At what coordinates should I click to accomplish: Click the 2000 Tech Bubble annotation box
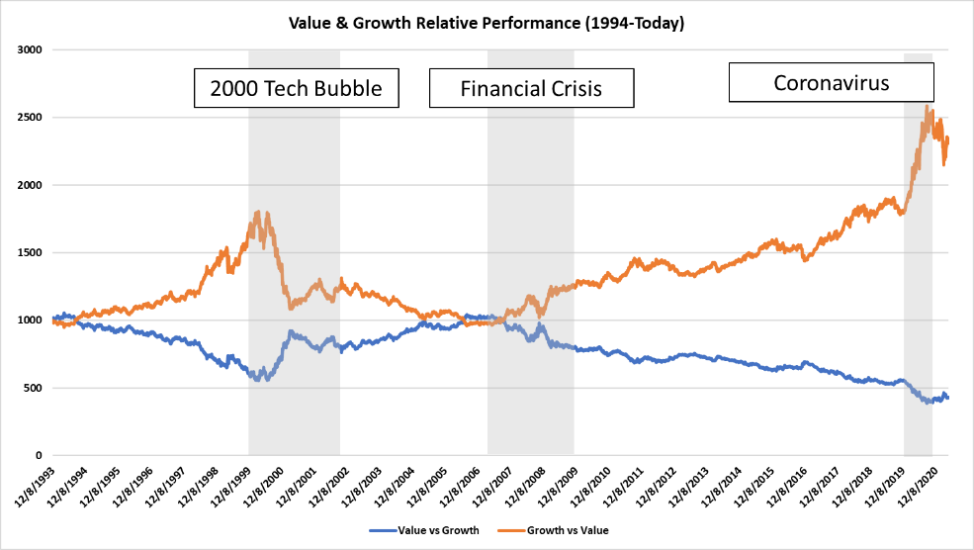point(297,88)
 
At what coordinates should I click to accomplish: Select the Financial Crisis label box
point(531,88)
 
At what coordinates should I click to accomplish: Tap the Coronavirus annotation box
point(831,82)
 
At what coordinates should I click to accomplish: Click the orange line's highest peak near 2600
point(927,106)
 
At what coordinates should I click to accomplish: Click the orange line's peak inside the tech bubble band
point(258,212)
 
